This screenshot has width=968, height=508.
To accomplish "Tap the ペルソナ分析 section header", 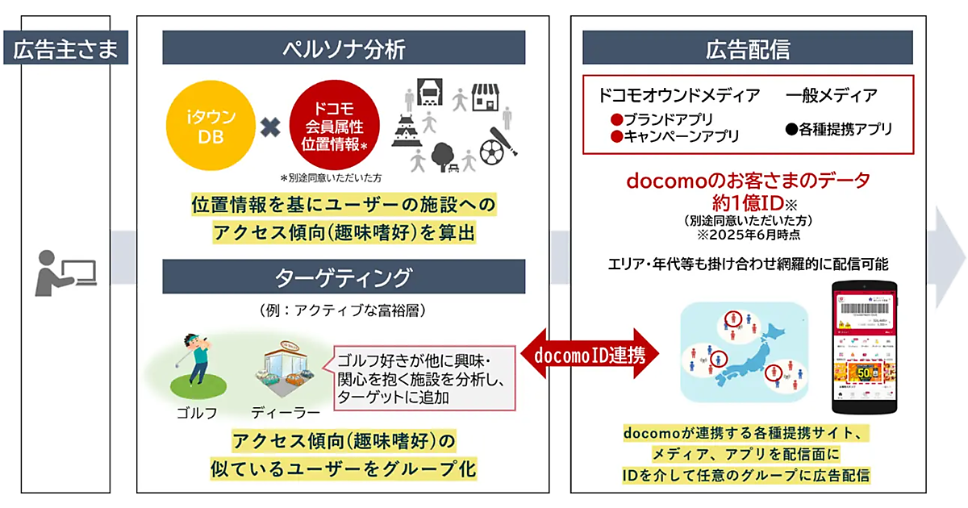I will pos(344,48).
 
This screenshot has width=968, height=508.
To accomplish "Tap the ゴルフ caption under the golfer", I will pos(196,413).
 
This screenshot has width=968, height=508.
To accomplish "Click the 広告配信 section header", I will pos(748,48).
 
